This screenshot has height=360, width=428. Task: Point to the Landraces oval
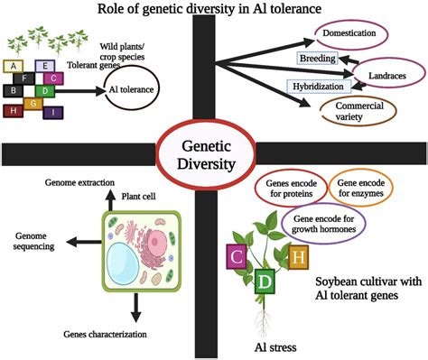391,73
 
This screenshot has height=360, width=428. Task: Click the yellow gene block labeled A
12,66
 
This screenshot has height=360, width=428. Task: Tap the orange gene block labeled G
33,104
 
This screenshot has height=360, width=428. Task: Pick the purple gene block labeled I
54,112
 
